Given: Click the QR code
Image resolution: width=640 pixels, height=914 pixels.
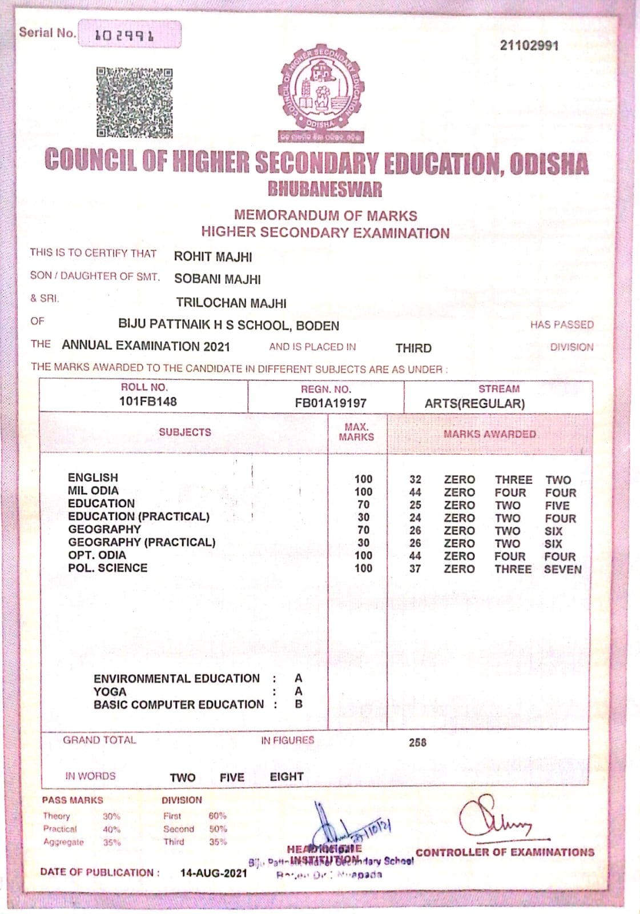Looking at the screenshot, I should pyautogui.click(x=134, y=103).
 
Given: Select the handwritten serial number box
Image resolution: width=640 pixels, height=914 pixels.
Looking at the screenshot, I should pyautogui.click(x=130, y=35).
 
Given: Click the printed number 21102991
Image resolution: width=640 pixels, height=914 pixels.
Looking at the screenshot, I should pyautogui.click(x=529, y=46).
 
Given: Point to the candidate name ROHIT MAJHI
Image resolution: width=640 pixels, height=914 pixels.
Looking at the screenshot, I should pyautogui.click(x=213, y=257).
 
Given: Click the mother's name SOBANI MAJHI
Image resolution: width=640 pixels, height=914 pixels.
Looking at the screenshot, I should pyautogui.click(x=218, y=279).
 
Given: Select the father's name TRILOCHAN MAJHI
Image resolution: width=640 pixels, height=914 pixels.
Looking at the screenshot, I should pyautogui.click(x=231, y=303).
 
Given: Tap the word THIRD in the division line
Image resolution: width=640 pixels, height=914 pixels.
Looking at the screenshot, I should pyautogui.click(x=413, y=348).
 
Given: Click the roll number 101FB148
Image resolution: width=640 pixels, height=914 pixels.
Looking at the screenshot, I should pyautogui.click(x=148, y=402).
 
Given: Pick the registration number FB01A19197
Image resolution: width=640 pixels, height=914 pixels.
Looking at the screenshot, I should pyautogui.click(x=331, y=403).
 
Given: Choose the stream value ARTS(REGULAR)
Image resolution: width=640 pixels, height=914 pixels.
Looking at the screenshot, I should pyautogui.click(x=474, y=403).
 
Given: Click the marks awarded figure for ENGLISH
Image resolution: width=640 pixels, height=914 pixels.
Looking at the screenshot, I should pyautogui.click(x=415, y=480).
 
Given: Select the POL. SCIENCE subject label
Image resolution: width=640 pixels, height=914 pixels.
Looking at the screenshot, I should pyautogui.click(x=107, y=568).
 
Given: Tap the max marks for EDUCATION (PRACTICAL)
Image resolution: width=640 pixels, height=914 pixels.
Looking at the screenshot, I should pyautogui.click(x=363, y=518).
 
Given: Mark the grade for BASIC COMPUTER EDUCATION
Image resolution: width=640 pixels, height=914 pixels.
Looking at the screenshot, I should pyautogui.click(x=299, y=704).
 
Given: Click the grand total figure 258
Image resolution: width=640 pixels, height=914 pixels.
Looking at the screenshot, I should pyautogui.click(x=417, y=742).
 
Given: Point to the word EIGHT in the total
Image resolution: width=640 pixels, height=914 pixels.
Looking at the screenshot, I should pyautogui.click(x=287, y=777).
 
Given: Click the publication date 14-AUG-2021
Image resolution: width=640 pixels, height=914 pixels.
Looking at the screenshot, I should pyautogui.click(x=214, y=873).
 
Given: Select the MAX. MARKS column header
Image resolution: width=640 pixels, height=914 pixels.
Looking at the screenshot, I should pyautogui.click(x=356, y=432).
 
